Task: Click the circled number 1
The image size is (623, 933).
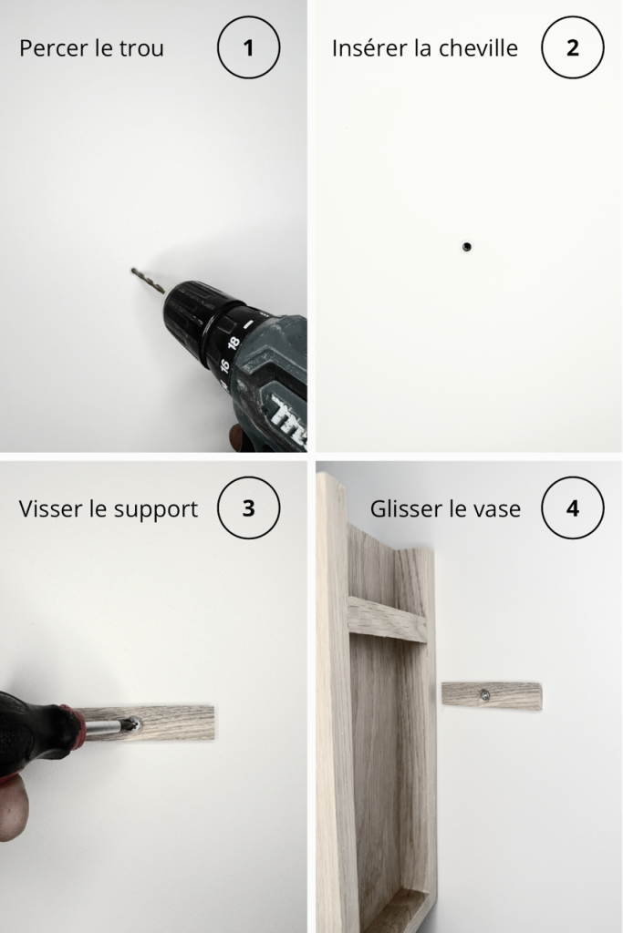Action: tap(248, 47)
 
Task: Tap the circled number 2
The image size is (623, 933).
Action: tap(572, 47)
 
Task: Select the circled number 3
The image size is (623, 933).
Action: tap(248, 508)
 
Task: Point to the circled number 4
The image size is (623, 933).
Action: tap(572, 508)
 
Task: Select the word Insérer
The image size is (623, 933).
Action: tap(369, 48)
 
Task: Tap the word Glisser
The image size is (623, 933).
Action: tap(406, 508)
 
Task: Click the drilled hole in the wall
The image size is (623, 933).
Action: tap(466, 246)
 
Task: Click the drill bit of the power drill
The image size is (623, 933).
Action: tap(148, 281)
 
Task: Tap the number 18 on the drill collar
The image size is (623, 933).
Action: tap(234, 343)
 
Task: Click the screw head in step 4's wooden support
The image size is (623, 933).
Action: tap(485, 693)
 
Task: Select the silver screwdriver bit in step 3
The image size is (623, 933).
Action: tap(109, 726)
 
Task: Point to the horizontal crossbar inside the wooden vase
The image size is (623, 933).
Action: tap(388, 620)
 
